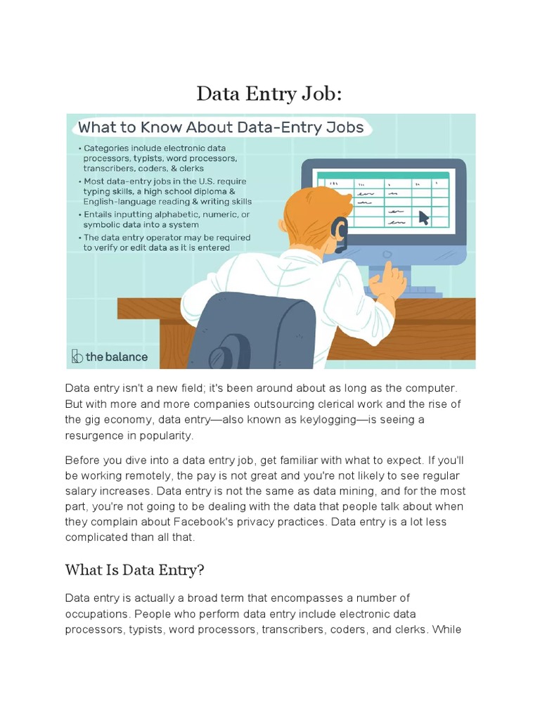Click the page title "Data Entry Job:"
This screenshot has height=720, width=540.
click(x=269, y=93)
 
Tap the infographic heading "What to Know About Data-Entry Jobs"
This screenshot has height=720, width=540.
click(x=220, y=127)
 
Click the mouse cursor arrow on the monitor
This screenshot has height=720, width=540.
click(x=424, y=217)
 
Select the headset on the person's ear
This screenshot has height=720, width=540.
click(x=340, y=233)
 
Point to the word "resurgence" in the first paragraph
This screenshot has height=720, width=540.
click(x=94, y=435)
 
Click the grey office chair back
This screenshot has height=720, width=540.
click(x=253, y=330)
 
